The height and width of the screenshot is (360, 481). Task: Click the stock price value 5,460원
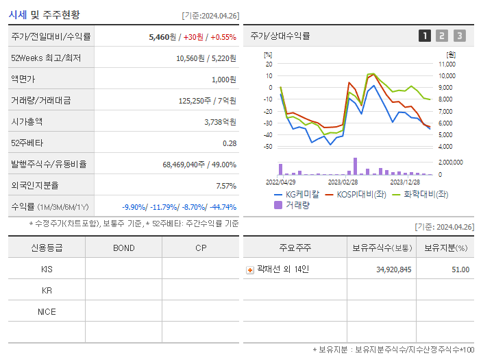click(164, 36)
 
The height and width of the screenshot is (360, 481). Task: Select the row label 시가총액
click(27, 121)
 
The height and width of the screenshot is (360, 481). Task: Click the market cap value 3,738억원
click(220, 121)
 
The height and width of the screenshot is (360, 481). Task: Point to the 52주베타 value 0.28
click(229, 143)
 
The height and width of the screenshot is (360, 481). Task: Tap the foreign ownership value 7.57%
click(225, 186)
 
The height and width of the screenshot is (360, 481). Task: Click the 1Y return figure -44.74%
click(221, 207)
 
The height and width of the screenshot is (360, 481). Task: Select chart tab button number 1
click(425, 36)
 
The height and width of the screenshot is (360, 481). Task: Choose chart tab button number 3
click(459, 36)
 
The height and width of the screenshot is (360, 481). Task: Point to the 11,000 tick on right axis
click(447, 64)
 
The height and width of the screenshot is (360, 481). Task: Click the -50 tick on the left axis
click(269, 146)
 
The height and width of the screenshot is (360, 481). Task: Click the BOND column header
click(123, 248)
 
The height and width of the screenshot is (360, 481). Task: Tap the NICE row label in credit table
click(47, 312)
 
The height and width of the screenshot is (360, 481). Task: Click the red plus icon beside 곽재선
click(250, 269)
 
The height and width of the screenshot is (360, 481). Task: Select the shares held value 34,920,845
click(394, 269)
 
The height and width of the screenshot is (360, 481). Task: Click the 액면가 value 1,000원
click(223, 80)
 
